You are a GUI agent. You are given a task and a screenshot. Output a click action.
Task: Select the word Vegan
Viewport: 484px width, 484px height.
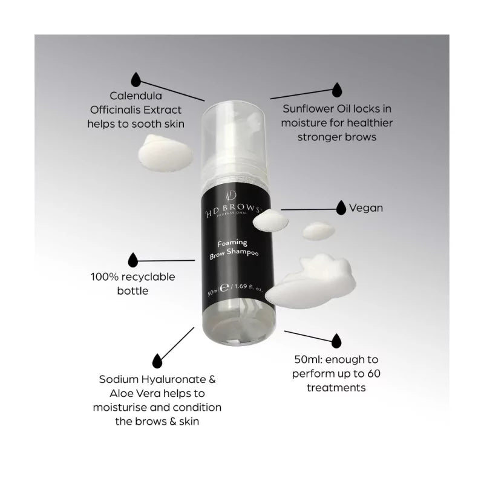pyautogui.click(x=366, y=208)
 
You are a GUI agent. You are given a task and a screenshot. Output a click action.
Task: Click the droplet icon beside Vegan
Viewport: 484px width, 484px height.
pyautogui.click(x=341, y=207)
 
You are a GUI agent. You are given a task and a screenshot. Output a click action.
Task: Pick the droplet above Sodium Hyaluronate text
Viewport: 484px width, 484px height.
pyautogui.click(x=158, y=361)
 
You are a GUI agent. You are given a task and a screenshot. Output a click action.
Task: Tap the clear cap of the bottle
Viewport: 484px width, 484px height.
pyautogui.click(x=228, y=139)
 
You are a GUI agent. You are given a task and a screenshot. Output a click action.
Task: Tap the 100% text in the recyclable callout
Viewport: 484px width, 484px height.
pyautogui.click(x=105, y=277)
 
